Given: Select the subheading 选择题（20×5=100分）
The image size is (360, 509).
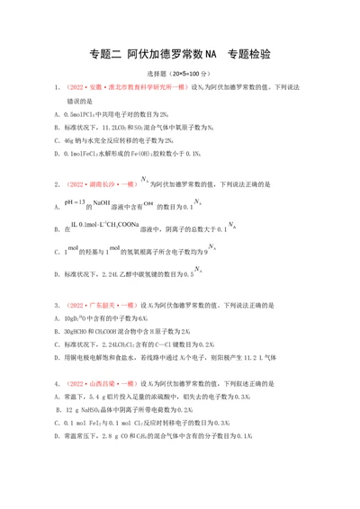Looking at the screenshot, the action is tap(180, 74).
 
